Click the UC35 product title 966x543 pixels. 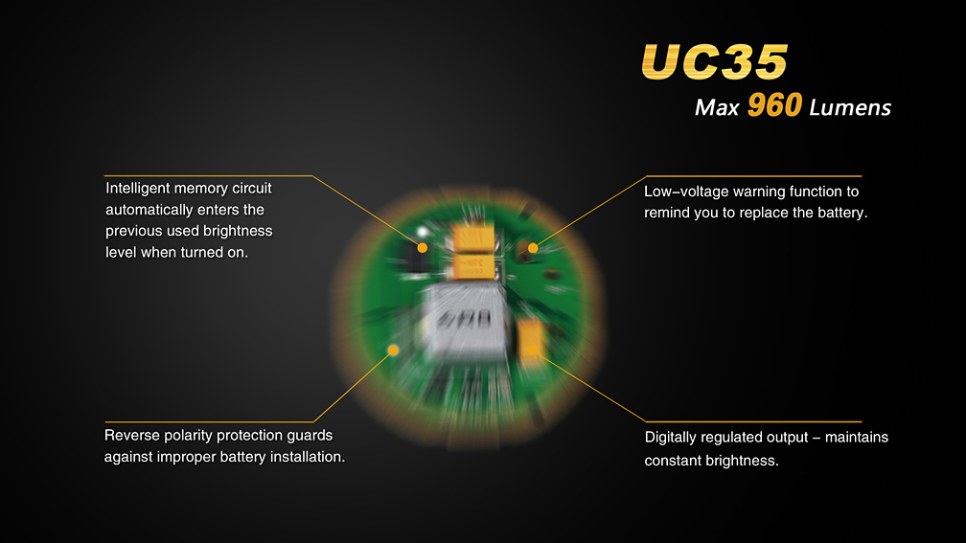click(x=715, y=61)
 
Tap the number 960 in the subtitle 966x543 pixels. click(x=774, y=104)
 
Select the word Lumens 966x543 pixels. click(x=850, y=107)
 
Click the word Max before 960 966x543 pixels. click(x=717, y=107)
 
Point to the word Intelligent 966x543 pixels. click(x=135, y=189)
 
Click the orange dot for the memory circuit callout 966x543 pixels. click(x=422, y=247)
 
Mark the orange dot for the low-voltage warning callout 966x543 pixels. click(x=533, y=247)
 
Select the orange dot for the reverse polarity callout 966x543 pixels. click(x=393, y=351)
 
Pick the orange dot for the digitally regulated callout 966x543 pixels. click(x=532, y=351)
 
